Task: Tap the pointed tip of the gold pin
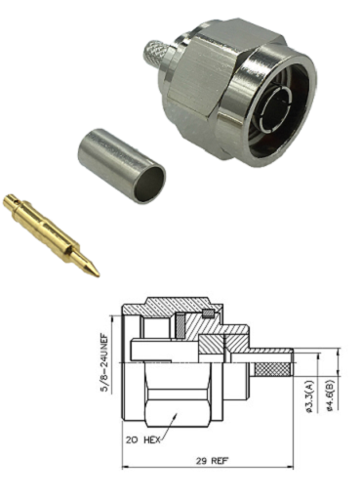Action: click(99, 276)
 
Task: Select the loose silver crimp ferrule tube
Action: click(122, 165)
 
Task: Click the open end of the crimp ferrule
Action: click(150, 185)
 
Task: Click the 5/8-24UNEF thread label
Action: click(105, 362)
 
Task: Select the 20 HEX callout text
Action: click(143, 440)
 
